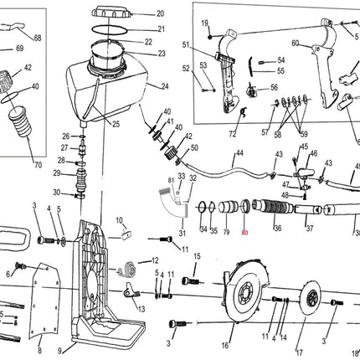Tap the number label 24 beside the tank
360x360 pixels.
(165, 86)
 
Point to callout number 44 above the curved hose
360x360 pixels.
(239, 153)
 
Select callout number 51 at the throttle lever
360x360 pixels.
(185, 44)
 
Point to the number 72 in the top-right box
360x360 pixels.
(233, 134)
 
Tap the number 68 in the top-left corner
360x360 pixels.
(36, 39)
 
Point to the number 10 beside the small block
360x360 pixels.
(120, 221)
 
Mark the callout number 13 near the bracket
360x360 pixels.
(141, 309)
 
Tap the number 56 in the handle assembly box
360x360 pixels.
(274, 87)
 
